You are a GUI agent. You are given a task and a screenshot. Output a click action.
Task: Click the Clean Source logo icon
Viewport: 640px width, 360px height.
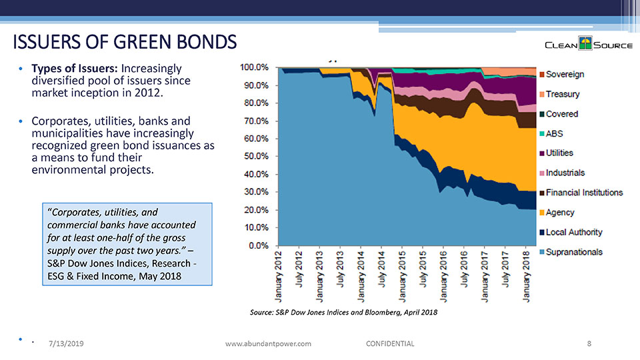click(585, 45)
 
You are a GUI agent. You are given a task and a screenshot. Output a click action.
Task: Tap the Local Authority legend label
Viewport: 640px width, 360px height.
click(573, 232)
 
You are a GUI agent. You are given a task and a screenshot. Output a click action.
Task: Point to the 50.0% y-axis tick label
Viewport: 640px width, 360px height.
click(255, 156)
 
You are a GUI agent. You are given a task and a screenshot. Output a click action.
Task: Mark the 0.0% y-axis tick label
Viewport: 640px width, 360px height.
click(257, 245)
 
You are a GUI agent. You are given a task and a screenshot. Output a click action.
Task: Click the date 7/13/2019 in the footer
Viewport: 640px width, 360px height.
click(65, 343)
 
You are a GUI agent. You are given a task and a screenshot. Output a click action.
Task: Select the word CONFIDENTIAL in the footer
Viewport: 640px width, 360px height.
click(390, 343)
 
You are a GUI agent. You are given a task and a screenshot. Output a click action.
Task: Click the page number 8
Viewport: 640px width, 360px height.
click(589, 343)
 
